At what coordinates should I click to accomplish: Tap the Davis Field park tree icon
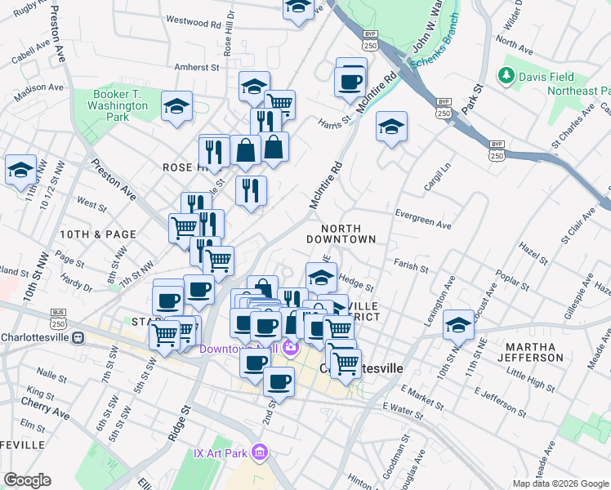click(507, 77)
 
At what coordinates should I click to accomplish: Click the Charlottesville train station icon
click(78, 336)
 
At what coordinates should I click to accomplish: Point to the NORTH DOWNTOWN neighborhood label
click(341, 234)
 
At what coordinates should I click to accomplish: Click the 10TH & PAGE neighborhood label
click(97, 234)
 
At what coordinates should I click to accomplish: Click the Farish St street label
click(410, 267)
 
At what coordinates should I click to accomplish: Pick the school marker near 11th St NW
click(20, 169)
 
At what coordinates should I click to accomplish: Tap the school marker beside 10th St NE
click(459, 324)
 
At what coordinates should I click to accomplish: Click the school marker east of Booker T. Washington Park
click(176, 105)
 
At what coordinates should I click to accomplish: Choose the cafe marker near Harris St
click(350, 81)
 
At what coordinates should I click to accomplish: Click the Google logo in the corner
click(27, 480)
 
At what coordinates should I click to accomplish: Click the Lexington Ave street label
click(448, 301)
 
